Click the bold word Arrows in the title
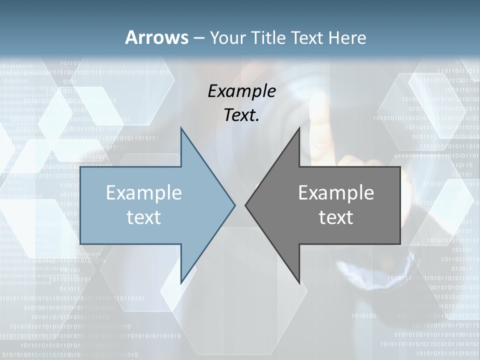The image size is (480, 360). pyautogui.click(x=156, y=37)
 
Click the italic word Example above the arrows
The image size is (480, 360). pyautogui.click(x=241, y=91)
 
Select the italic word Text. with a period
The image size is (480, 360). pyautogui.click(x=241, y=115)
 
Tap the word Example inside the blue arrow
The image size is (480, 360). pyautogui.click(x=144, y=192)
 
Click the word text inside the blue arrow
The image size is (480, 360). pyautogui.click(x=144, y=217)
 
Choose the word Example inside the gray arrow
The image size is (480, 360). pyautogui.click(x=336, y=192)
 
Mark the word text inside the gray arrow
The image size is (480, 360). pyautogui.click(x=336, y=217)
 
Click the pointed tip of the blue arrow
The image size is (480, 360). pyautogui.click(x=235, y=205)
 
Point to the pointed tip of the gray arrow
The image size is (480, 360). pyautogui.click(x=245, y=205)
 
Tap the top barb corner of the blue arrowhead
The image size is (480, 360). pyautogui.click(x=181, y=128)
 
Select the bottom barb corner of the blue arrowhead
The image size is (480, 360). pyautogui.click(x=181, y=282)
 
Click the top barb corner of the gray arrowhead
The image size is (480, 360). pyautogui.click(x=299, y=128)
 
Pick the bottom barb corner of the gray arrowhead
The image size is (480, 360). pyautogui.click(x=299, y=282)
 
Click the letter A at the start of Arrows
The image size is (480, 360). pyautogui.click(x=131, y=37)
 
